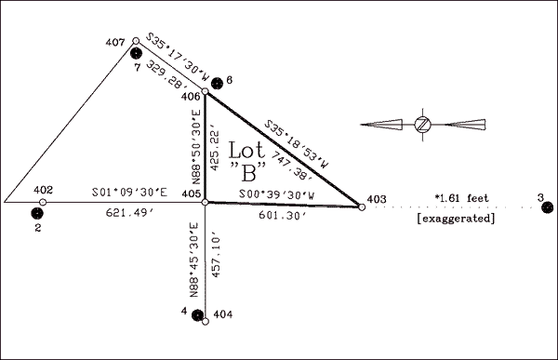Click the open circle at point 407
point(136,41)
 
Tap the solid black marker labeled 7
point(136,53)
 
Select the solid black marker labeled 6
point(217,84)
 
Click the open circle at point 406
point(206,92)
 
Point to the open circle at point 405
point(206,202)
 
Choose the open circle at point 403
point(362,207)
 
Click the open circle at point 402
point(43,202)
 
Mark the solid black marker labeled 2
point(37,213)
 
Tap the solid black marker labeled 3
point(548,207)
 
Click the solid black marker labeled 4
point(197,315)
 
